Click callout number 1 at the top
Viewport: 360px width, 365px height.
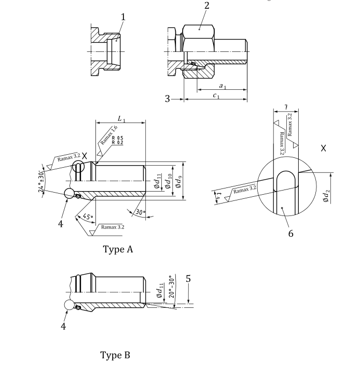tap(123, 17)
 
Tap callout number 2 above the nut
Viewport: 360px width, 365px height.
tap(206, 6)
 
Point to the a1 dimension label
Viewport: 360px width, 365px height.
tap(222, 86)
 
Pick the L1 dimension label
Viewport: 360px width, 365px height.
tap(121, 119)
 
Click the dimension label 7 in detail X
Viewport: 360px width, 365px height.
tap(286, 107)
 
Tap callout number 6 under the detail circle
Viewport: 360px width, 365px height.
tap(290, 233)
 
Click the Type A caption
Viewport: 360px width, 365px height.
tap(118, 249)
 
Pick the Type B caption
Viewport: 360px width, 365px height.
tap(115, 355)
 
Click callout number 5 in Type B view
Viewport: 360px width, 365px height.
tap(189, 279)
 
